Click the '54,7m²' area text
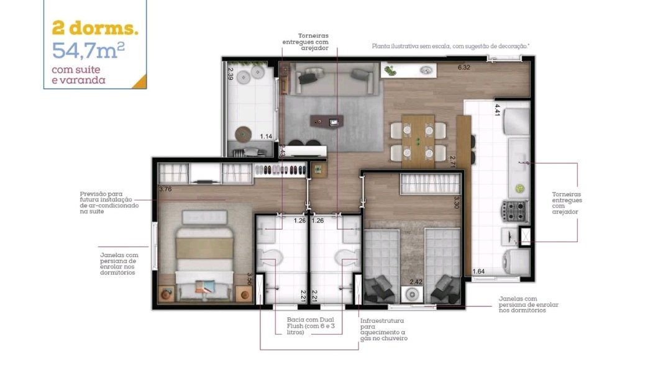point(88,50)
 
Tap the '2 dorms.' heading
point(95,28)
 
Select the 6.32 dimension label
point(464,67)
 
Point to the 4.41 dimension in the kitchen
point(497,110)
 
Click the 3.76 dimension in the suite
point(165,189)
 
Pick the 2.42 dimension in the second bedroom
point(416,282)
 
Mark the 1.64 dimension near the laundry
point(478,271)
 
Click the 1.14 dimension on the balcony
point(266,137)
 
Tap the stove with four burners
point(515,211)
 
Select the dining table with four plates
point(418,141)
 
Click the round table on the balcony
point(243,134)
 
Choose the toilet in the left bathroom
point(270,258)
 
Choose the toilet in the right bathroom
point(348,258)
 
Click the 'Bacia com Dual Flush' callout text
point(311,326)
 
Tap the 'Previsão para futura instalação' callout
point(109,202)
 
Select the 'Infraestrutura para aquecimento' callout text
point(383,329)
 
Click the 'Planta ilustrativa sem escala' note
point(450,46)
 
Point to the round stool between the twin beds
point(412,294)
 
